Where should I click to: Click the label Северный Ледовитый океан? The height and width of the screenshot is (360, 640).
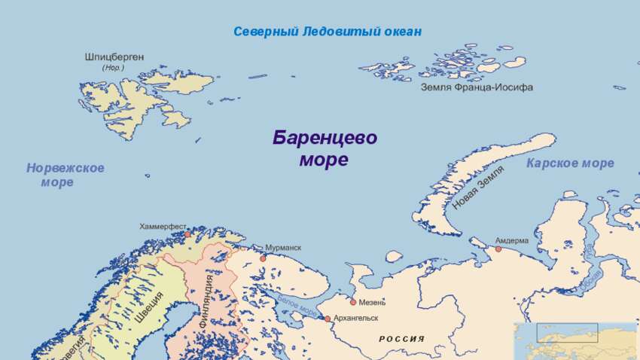tap(327, 32)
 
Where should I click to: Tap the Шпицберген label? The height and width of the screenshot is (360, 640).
tap(114, 57)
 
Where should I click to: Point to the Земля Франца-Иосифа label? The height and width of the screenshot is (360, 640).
tap(477, 87)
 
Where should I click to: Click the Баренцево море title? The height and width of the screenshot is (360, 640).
tap(325, 148)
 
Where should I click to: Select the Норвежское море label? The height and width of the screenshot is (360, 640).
tap(65, 175)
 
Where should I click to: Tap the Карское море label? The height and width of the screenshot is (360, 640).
tap(570, 163)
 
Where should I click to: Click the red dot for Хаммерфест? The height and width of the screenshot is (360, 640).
tap(187, 234)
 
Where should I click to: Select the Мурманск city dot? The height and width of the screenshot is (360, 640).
tap(263, 258)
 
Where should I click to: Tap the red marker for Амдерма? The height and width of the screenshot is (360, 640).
tap(498, 249)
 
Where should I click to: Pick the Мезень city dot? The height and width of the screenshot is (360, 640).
tap(352, 302)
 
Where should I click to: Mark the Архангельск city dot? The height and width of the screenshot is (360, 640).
tap(328, 319)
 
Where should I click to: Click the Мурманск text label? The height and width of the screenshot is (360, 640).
tap(283, 248)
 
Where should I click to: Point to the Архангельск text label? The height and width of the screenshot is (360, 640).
tap(355, 319)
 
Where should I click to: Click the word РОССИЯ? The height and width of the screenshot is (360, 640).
tap(401, 339)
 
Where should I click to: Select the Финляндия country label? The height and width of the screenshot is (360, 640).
tap(206, 301)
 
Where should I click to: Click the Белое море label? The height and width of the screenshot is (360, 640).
tap(297, 304)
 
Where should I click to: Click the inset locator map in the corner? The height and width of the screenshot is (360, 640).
tap(576, 340)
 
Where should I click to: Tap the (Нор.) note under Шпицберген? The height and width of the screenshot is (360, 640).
tap(113, 68)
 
